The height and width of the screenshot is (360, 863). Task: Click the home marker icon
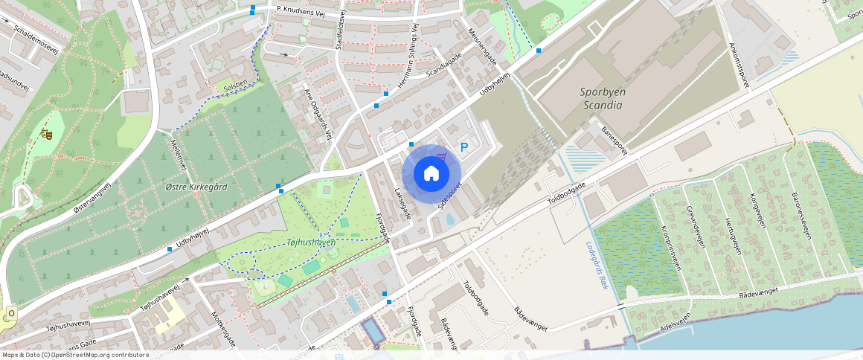click(x=431, y=174)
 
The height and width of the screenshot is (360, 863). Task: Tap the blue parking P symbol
click(x=465, y=147)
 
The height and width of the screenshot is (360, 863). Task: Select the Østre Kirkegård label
click(x=196, y=187)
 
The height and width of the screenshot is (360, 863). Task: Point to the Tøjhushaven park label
click(x=311, y=242)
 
